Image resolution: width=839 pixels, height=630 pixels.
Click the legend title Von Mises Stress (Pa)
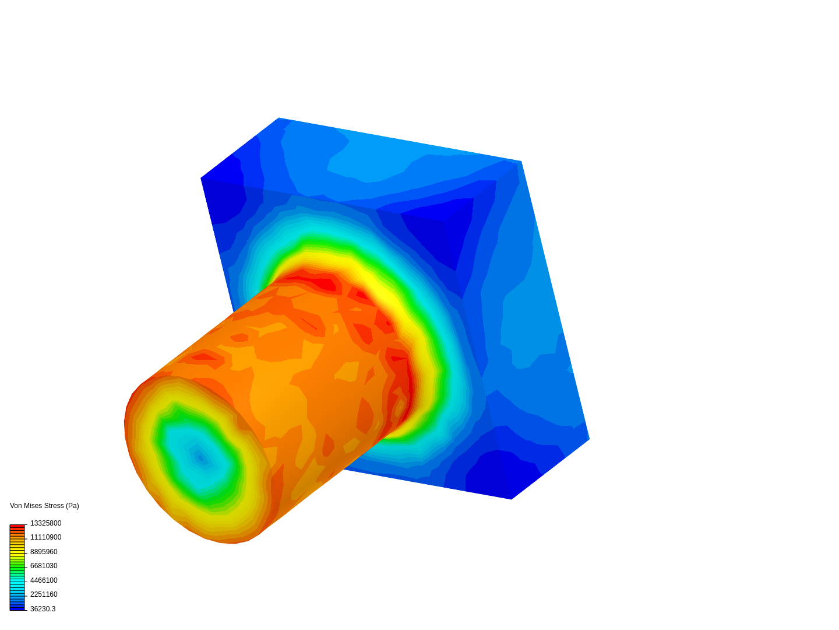pos(44,506)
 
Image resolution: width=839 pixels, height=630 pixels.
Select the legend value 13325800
pos(45,523)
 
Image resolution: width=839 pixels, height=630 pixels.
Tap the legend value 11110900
pos(45,537)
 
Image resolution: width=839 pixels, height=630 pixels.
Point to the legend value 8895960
pos(44,552)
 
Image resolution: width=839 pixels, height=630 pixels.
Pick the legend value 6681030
pos(44,566)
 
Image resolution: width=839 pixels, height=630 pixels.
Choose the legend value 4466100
pos(44,580)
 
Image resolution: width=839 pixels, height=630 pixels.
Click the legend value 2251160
pos(44,594)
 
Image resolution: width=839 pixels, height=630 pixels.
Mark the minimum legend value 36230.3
pos(43,609)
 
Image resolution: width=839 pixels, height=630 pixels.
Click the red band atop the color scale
pos(17,526)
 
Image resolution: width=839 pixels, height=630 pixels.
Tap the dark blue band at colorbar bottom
pos(17,608)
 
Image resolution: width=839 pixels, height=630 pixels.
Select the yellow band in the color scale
pos(17,551)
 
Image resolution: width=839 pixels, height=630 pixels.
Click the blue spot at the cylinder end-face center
pos(200,458)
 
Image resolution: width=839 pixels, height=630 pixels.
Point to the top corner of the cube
pos(279,118)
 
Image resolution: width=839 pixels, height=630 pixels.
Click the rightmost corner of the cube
pos(589,439)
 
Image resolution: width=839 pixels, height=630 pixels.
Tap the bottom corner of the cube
pos(511,499)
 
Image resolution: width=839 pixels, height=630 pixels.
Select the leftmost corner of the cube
pos(202,178)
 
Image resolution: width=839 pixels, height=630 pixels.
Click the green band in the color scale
pos(17,566)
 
